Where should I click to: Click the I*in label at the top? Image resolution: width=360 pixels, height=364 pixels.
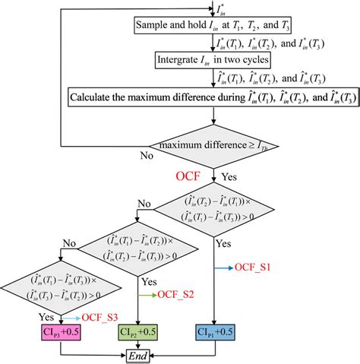[x=221, y=8]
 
